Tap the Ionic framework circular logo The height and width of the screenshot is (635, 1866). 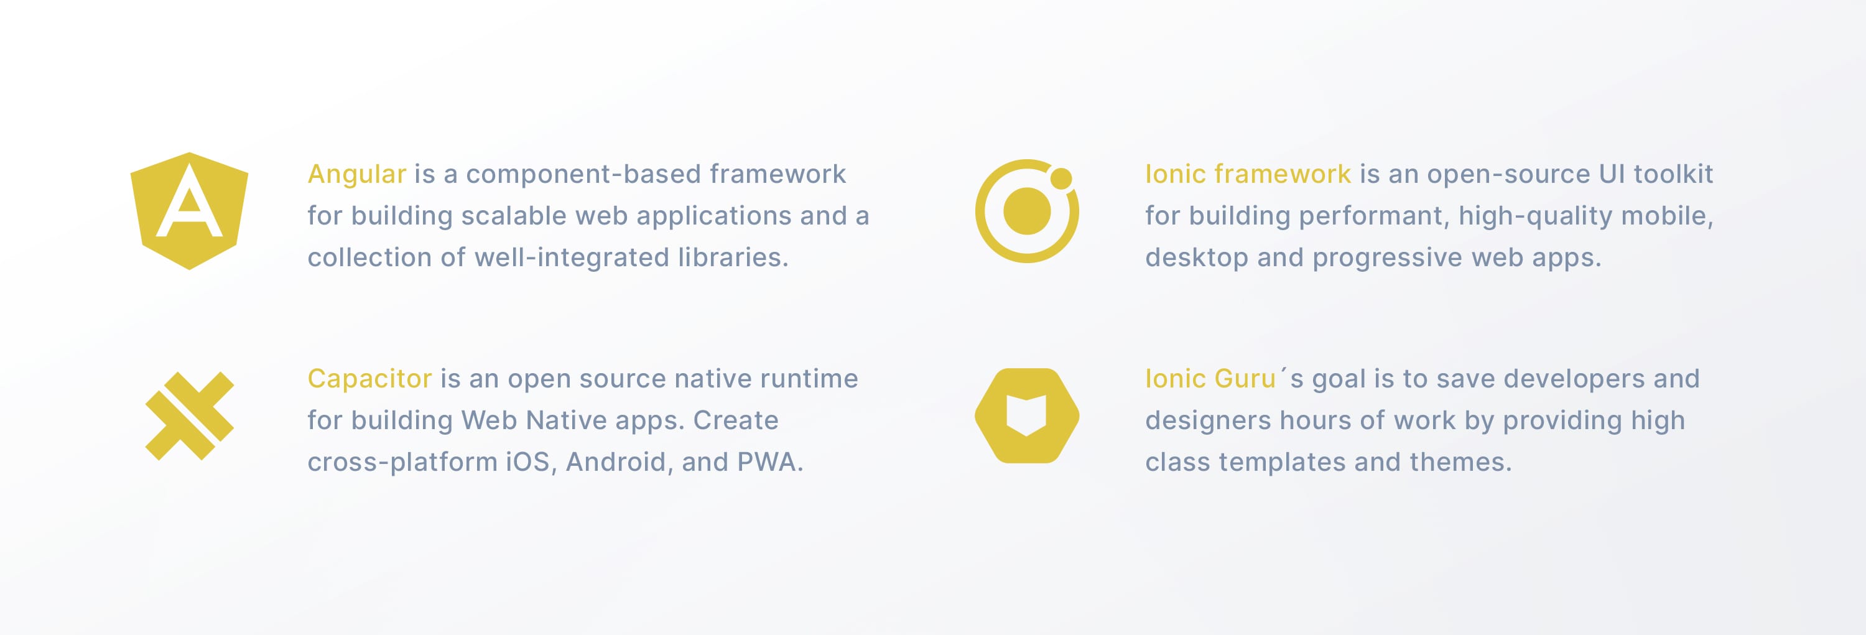[x=1026, y=211]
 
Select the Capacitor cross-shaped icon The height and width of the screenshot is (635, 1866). [x=189, y=416]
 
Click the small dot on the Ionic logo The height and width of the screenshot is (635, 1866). [x=1061, y=177]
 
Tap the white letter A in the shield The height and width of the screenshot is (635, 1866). [x=189, y=203]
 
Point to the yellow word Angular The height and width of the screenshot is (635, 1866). [x=356, y=175]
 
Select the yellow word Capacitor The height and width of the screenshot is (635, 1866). [x=369, y=379]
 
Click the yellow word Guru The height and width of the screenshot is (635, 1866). [x=1245, y=379]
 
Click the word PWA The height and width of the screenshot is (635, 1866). [x=769, y=462]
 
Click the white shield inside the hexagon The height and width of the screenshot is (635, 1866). [x=1026, y=415]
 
